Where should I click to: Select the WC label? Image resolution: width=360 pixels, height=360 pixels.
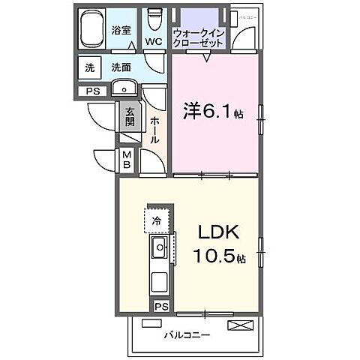154,42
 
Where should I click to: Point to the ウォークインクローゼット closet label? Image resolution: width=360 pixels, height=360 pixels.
198,38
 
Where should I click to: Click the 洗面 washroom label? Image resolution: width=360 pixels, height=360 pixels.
121,67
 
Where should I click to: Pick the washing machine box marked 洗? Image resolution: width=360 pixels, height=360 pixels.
89,67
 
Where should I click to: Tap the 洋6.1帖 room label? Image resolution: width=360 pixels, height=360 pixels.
213,114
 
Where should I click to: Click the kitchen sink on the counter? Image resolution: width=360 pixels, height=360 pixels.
160,248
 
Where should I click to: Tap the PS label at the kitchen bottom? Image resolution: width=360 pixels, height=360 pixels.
161,306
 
